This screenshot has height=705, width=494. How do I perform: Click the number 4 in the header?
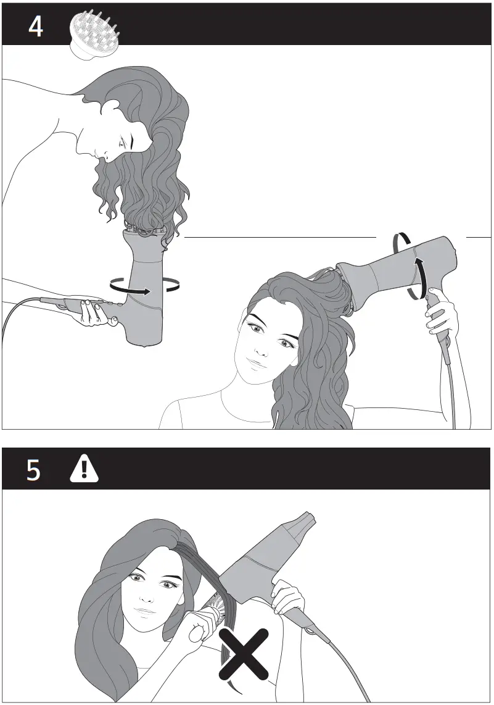click(x=36, y=27)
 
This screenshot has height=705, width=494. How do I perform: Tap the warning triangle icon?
click(x=80, y=470)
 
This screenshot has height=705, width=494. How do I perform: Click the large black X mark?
click(x=245, y=653)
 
